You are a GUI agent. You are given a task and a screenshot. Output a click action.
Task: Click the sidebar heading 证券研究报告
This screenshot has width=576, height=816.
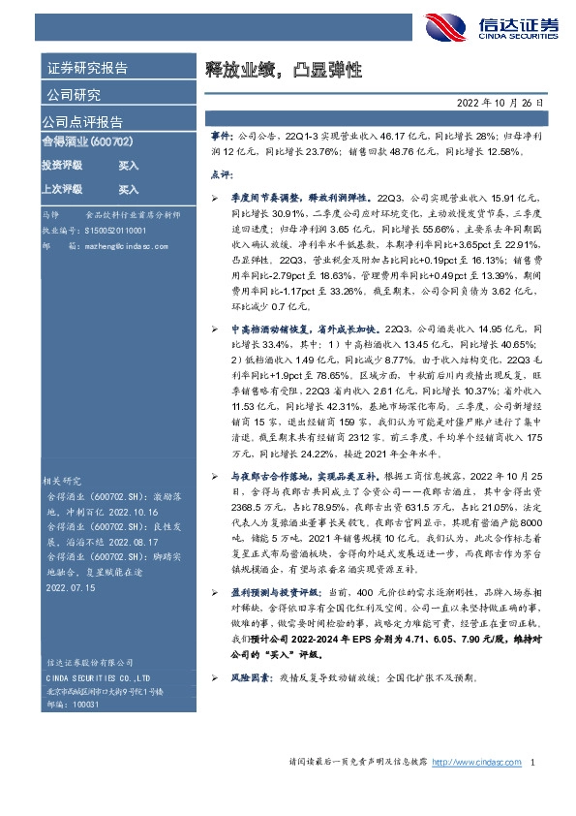coord(87,69)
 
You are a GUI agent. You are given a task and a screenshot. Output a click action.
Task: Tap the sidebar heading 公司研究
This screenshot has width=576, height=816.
coord(74,95)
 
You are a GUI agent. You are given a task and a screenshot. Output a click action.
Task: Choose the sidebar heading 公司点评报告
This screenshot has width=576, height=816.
coord(81,122)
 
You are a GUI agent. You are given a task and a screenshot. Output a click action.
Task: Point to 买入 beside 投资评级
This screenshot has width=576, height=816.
coord(129,166)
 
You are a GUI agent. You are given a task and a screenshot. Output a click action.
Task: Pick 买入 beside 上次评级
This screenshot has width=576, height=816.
coord(129,189)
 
